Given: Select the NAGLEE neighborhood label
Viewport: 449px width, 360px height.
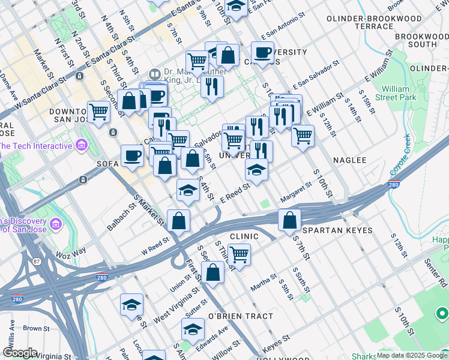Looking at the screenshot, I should [349, 160].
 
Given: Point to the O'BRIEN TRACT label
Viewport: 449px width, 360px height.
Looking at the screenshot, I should [240, 316].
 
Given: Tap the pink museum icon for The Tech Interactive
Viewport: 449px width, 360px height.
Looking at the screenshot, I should [81, 145].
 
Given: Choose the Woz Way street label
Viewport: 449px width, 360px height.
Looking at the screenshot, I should [72, 250].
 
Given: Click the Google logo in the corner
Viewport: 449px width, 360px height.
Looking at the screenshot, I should [20, 353].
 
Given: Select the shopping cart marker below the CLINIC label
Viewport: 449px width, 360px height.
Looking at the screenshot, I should [239, 254].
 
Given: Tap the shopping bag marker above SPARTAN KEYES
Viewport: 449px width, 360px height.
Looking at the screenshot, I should [289, 220].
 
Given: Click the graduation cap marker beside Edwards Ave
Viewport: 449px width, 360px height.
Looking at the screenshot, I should [193, 329].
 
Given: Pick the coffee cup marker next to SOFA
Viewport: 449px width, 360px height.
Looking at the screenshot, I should [132, 155].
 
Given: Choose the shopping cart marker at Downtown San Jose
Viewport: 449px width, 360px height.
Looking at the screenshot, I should [98, 111].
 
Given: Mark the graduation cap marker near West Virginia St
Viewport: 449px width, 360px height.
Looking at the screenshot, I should [131, 305].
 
